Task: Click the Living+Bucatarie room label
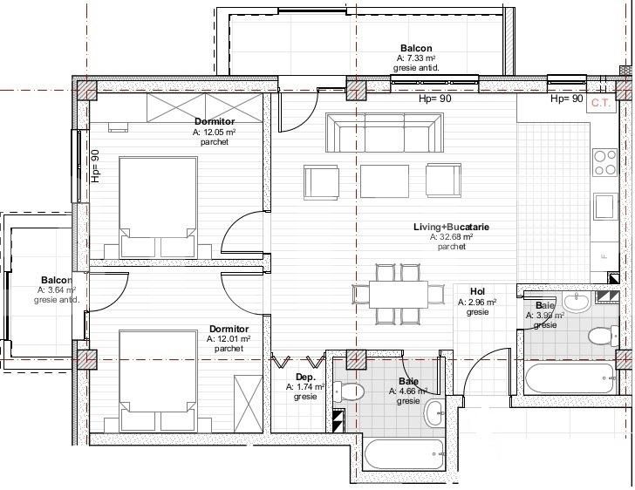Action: [x=451, y=227]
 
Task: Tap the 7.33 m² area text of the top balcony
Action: [x=416, y=58]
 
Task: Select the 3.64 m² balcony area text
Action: [x=57, y=290]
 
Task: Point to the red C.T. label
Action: [x=600, y=102]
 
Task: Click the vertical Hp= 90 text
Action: [x=96, y=166]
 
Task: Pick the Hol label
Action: [x=477, y=292]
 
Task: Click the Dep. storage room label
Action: [x=304, y=377]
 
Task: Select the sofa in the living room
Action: [x=379, y=133]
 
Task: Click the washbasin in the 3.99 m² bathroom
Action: [x=577, y=303]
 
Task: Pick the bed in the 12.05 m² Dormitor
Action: [x=157, y=207]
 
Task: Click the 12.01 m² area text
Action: [x=229, y=339]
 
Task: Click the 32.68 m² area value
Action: [x=451, y=236]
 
